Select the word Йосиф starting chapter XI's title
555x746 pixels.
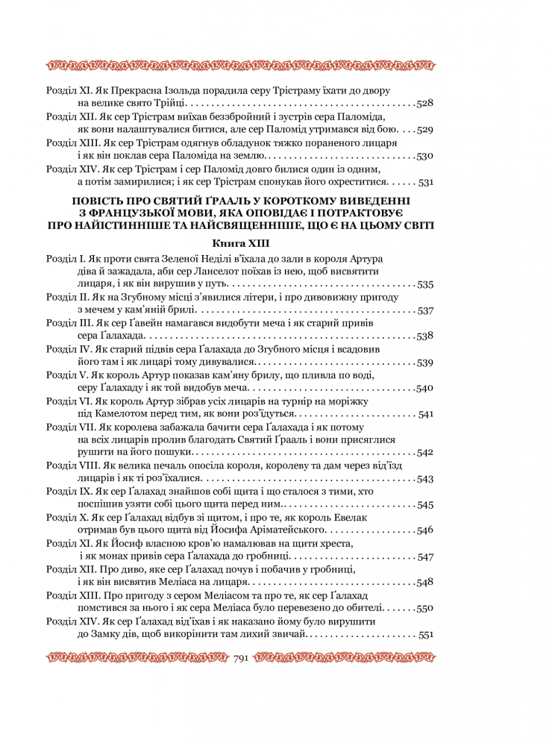click(123, 544)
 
